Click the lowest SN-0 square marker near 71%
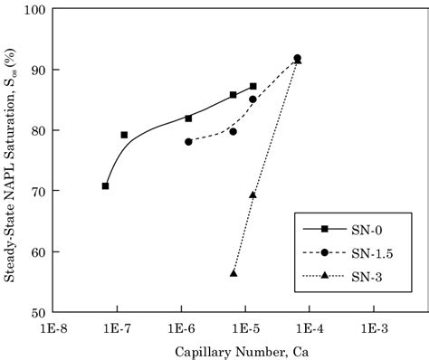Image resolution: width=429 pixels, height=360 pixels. (106, 186)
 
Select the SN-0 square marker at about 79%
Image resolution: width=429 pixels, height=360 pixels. (124, 135)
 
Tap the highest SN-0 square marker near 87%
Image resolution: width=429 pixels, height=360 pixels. (253, 86)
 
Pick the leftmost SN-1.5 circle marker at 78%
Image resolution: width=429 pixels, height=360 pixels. (188, 141)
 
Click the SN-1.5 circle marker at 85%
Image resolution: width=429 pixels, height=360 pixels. (253, 99)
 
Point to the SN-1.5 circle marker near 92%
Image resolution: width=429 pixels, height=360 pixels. (297, 58)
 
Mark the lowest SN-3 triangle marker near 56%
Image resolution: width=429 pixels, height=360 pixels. (234, 272)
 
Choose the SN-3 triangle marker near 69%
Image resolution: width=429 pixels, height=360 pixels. (253, 194)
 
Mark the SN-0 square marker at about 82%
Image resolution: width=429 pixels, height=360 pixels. (188, 118)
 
